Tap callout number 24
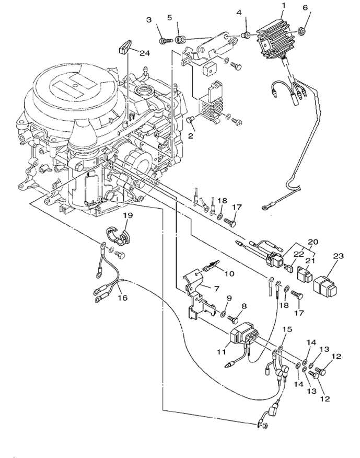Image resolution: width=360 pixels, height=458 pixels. point(144,53)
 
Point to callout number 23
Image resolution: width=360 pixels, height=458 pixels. point(338,257)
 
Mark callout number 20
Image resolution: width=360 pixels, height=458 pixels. point(312,243)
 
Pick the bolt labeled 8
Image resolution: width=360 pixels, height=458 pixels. point(234,318)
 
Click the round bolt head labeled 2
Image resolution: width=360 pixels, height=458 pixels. point(190,121)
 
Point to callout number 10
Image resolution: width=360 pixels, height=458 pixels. point(228,272)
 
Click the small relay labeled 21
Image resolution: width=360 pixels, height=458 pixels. point(304,273)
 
